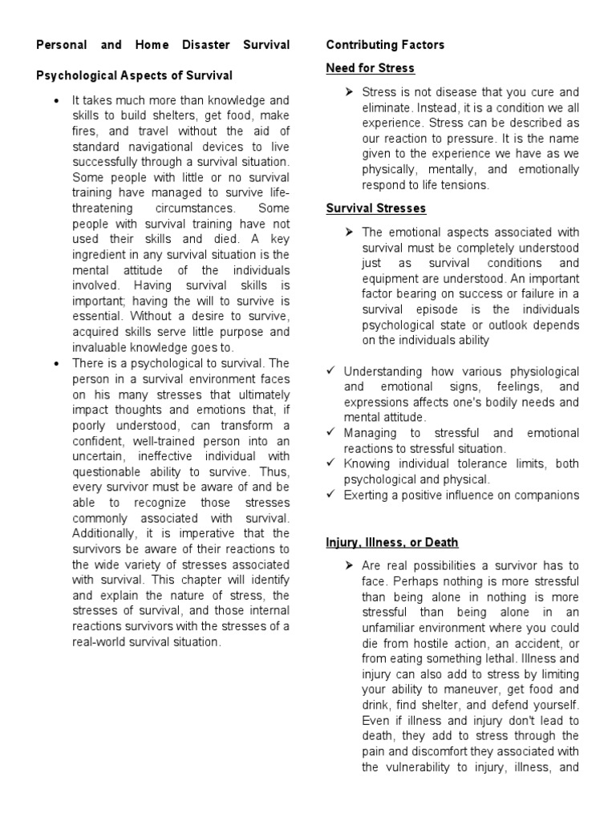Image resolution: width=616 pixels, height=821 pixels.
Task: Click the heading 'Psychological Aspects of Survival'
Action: coord(134,75)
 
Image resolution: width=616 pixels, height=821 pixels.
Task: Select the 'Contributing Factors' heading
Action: coord(385,45)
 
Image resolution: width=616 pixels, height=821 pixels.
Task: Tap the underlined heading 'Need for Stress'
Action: coord(370,68)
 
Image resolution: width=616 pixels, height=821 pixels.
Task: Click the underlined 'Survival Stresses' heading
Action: coord(375,208)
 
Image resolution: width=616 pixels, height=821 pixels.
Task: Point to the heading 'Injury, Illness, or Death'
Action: coord(393,543)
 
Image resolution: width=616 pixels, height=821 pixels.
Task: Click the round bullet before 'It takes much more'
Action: coord(55,101)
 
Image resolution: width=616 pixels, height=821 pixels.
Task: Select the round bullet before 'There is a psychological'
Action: coord(55,364)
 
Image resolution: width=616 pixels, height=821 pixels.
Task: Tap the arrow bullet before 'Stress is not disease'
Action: coord(350,92)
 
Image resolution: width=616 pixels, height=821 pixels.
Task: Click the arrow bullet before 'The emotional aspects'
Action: coord(350,233)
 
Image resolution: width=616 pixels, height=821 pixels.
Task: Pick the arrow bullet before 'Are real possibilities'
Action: coord(350,566)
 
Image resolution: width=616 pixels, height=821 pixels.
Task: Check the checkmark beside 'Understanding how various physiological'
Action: coord(331,372)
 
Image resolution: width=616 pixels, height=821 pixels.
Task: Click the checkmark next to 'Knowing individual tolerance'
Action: coord(331,464)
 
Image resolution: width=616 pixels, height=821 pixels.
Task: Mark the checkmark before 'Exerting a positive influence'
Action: coord(331,495)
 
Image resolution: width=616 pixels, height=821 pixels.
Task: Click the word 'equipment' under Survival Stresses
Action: coord(387,278)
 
